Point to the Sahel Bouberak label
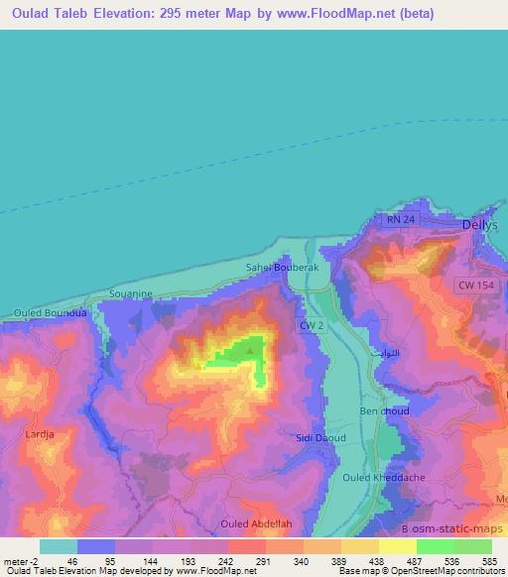[280, 268]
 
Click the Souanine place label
[130, 294]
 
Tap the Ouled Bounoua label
[51, 313]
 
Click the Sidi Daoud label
[318, 437]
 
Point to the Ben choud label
[384, 410]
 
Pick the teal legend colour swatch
[59, 545]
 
